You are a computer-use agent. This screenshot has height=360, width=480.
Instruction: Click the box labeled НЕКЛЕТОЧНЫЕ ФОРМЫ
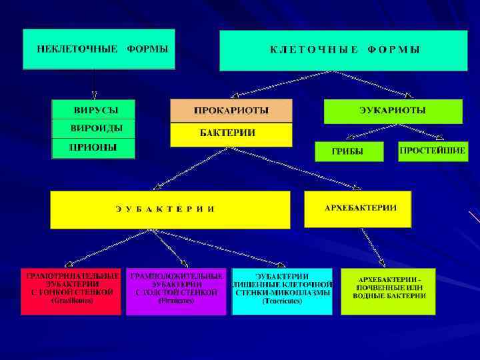99,49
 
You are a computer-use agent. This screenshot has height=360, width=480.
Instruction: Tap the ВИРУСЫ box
93,109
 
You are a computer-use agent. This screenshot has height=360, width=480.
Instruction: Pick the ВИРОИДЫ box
93,128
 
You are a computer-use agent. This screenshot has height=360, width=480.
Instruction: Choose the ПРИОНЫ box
93,147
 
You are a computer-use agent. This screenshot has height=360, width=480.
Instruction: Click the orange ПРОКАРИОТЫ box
231,111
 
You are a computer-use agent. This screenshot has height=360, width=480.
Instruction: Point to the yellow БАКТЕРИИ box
231,134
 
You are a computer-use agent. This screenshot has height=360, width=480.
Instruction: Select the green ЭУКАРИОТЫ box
393,111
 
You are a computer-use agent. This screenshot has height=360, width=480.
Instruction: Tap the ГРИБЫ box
349,151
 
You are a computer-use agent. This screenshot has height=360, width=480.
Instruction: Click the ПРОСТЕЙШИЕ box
433,151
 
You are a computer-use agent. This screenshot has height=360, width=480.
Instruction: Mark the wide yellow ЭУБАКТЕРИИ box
170,209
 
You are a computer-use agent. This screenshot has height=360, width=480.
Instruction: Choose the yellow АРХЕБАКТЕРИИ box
358,209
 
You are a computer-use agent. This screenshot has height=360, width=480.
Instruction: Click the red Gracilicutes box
71,291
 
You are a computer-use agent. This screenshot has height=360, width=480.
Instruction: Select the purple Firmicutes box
176,291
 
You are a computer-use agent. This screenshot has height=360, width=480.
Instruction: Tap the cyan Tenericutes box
281,291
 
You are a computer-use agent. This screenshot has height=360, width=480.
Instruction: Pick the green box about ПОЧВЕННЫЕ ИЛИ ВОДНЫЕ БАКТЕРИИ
388,291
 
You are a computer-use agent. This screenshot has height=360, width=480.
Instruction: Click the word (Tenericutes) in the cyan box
282,301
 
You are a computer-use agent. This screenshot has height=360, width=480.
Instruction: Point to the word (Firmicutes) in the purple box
176,301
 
